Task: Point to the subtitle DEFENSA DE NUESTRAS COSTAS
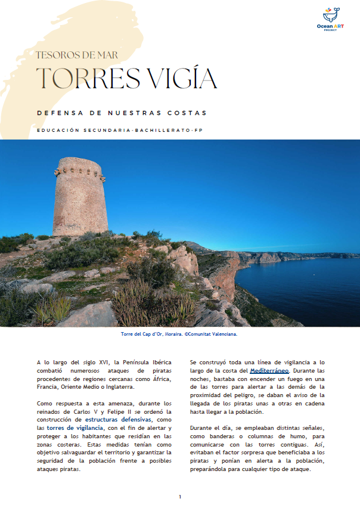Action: point(121,113)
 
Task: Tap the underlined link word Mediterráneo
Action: point(269,371)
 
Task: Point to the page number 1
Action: point(180,497)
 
